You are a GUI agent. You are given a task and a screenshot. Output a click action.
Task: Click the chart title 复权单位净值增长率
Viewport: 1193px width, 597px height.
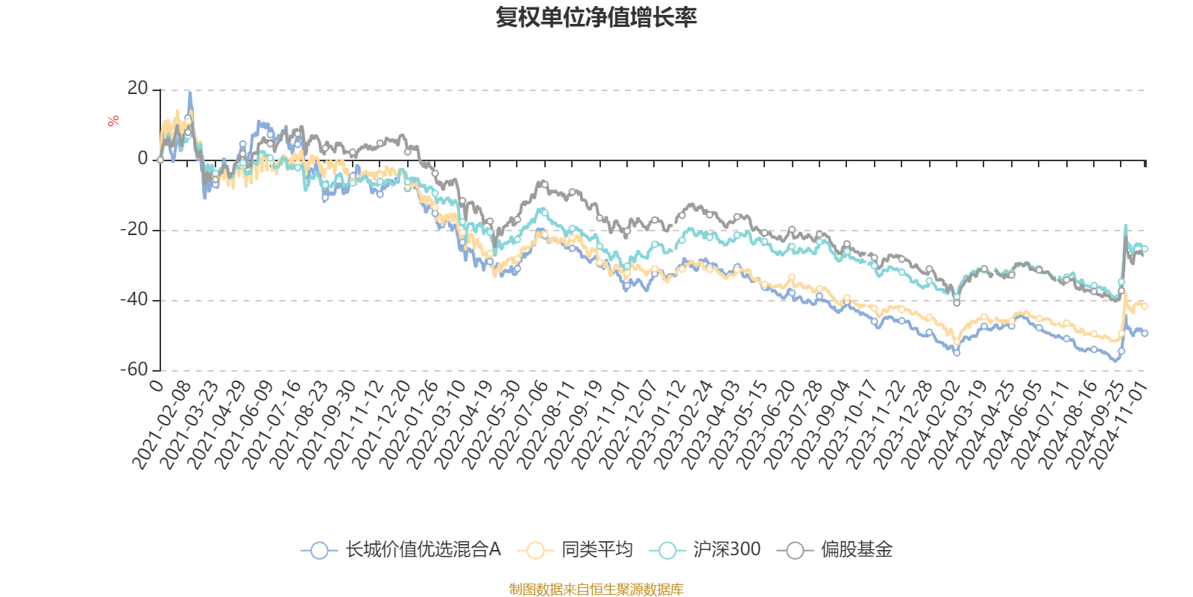(x=596, y=17)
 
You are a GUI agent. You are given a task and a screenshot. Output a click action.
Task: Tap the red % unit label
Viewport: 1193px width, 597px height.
(x=113, y=121)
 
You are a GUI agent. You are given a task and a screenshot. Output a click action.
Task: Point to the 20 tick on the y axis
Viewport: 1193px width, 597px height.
(x=137, y=89)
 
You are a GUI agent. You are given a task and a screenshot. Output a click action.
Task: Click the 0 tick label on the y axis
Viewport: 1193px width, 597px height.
(x=142, y=159)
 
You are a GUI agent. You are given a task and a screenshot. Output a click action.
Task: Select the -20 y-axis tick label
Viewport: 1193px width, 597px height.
(x=134, y=229)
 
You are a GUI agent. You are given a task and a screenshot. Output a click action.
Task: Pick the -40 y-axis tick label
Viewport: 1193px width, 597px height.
(x=134, y=299)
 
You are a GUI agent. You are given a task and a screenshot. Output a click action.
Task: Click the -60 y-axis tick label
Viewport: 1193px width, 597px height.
(x=134, y=369)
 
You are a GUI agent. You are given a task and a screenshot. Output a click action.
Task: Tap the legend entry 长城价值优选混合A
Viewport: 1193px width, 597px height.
(x=422, y=550)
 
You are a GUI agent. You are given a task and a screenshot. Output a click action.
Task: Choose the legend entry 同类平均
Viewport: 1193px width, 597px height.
(x=596, y=550)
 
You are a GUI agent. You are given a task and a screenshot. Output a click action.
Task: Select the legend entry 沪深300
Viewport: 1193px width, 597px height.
(x=726, y=550)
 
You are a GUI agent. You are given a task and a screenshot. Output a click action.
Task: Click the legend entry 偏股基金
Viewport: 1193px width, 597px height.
(x=856, y=550)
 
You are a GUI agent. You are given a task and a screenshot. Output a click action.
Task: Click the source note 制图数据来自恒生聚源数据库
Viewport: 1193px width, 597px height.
(x=596, y=590)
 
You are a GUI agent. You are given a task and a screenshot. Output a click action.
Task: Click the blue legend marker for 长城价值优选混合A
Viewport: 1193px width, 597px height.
(x=319, y=551)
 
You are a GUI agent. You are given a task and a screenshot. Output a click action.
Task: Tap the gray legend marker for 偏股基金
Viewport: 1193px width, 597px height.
(x=795, y=551)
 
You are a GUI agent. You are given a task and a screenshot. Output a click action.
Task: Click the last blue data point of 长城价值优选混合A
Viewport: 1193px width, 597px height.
(x=1145, y=334)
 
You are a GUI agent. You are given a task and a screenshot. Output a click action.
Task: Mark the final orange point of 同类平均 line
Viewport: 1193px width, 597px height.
(x=1145, y=307)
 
